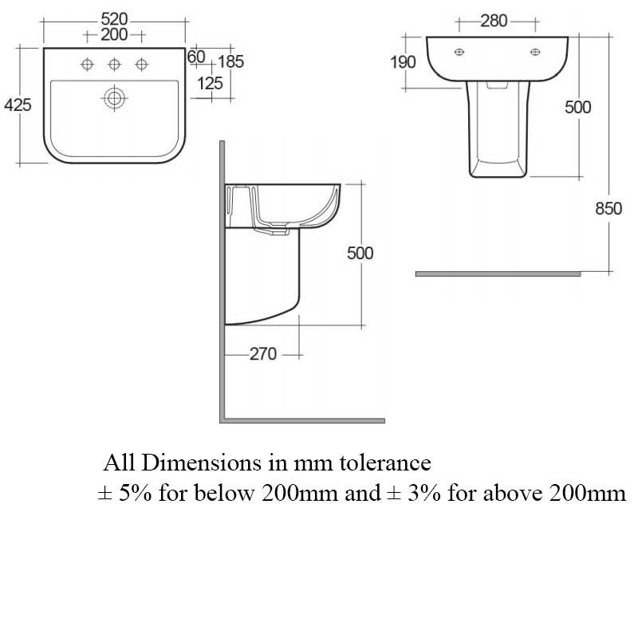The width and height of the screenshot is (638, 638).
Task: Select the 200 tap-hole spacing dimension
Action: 115,34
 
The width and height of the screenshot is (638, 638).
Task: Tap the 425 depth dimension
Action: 18,104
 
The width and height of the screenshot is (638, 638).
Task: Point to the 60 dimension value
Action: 196,57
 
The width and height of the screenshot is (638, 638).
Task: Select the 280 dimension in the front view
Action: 494,21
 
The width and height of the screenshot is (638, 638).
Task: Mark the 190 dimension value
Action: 403,62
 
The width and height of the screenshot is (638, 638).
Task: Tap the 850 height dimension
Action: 608,209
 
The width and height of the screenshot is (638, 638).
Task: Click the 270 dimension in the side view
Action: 262,354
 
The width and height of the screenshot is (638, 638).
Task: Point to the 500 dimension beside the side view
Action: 360,253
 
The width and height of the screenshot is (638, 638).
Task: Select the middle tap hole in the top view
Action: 115,65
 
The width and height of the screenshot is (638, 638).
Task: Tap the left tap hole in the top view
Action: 87,65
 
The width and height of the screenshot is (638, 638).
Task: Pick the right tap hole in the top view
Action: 143,65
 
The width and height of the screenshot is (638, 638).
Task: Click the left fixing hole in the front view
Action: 459,52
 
